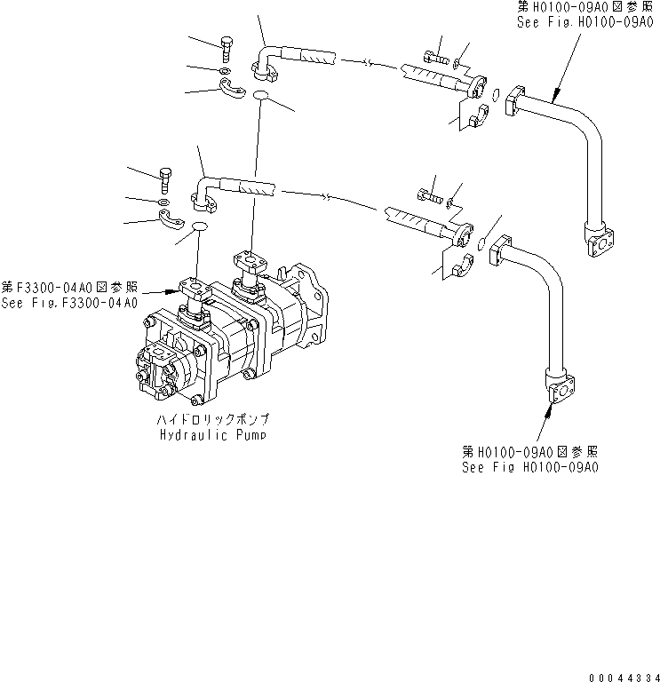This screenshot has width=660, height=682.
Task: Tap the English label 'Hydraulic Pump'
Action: click(x=213, y=434)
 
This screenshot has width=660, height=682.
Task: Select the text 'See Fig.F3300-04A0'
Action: click(x=69, y=303)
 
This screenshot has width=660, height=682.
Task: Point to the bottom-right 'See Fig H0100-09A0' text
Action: click(x=529, y=466)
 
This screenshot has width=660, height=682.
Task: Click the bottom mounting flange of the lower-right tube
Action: click(x=558, y=392)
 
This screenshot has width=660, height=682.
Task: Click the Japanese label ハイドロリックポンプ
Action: click(x=213, y=418)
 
